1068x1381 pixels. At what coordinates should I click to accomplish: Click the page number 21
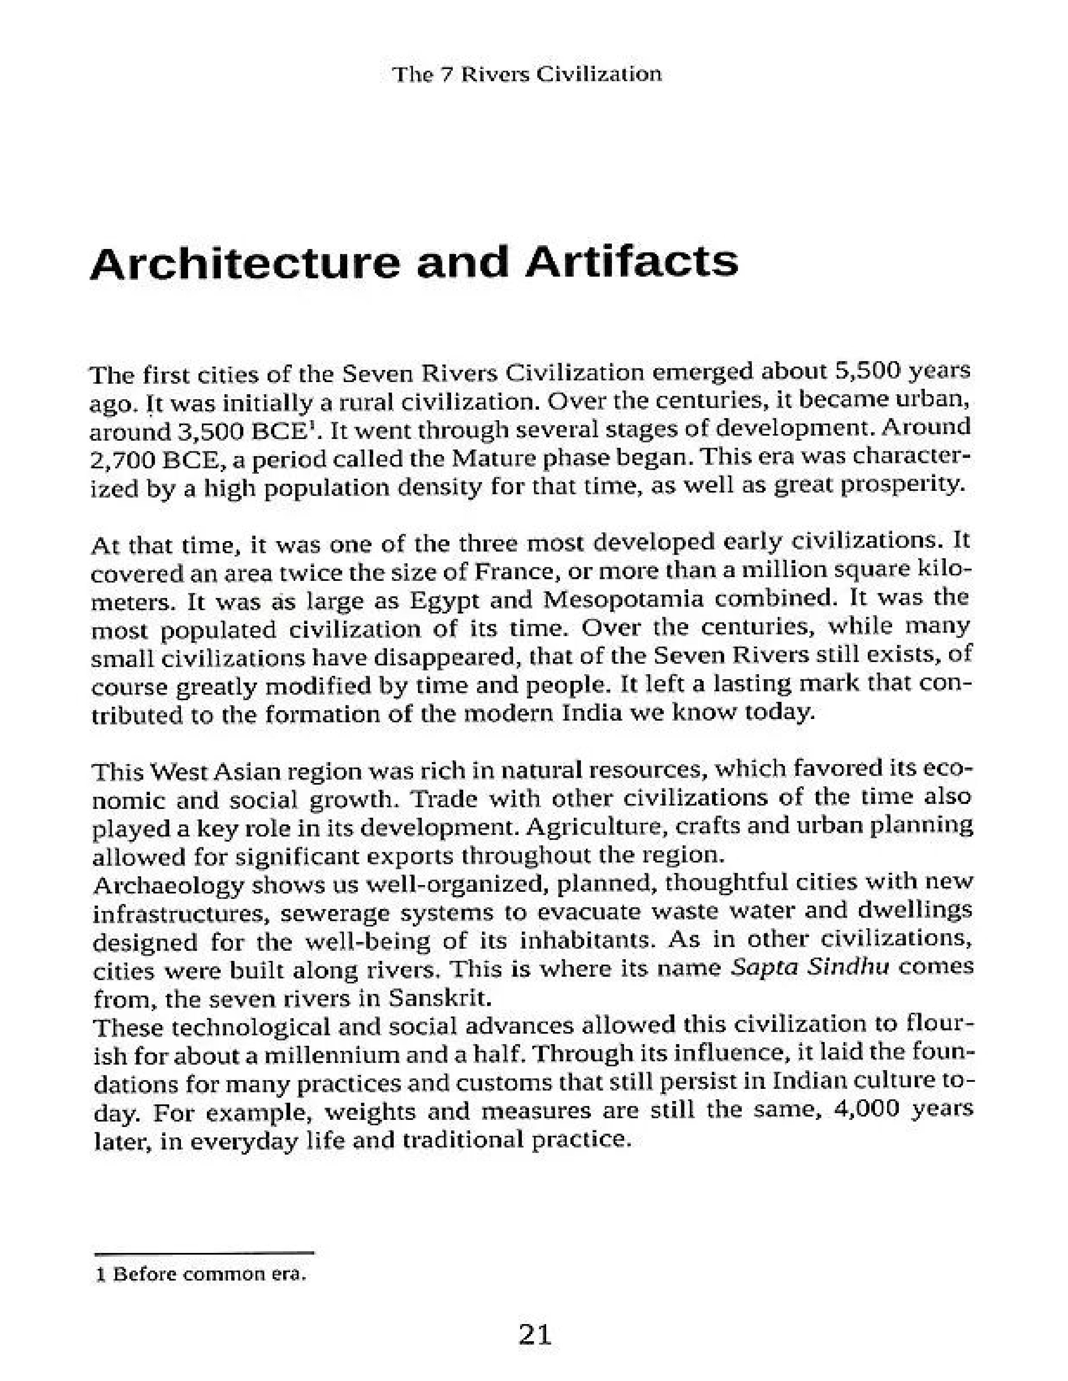tap(535, 1334)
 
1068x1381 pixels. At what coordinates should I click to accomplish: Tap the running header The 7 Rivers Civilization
tap(527, 74)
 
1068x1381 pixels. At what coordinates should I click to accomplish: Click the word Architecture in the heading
tap(245, 263)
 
